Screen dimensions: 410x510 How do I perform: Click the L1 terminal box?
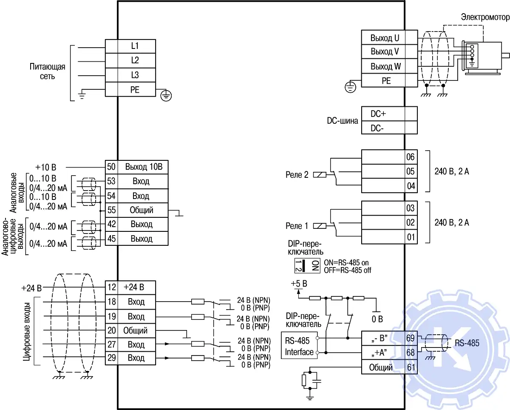135,46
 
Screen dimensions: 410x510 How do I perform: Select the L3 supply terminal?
135,75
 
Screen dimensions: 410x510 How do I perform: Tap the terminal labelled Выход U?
385,37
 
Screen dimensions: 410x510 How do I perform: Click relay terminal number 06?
411,157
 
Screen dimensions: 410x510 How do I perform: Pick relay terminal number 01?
411,237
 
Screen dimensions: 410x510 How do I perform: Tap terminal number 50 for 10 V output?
111,167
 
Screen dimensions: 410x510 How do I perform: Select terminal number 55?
111,210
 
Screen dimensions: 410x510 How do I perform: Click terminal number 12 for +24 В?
111,287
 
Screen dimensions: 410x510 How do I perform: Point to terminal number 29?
111,358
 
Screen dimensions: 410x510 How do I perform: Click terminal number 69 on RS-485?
411,339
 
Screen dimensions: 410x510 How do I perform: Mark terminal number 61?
411,367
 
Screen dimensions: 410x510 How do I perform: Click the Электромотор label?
484,17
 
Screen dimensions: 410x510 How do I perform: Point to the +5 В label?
299,283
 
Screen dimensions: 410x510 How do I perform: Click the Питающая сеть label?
47,71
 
